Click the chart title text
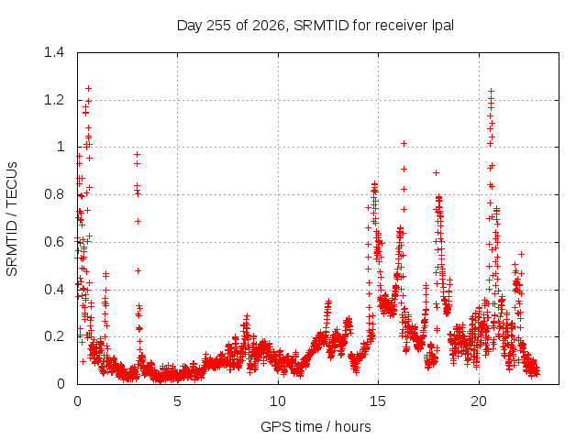(x=316, y=26)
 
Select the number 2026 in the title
(x=269, y=26)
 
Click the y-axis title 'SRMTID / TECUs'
(x=12, y=219)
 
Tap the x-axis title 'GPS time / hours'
(x=316, y=426)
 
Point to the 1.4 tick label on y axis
(x=54, y=52)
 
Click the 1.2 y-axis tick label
(x=54, y=100)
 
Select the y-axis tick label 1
(x=61, y=147)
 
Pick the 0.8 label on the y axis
(x=54, y=194)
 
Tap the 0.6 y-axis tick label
(x=54, y=242)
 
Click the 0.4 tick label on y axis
(x=54, y=290)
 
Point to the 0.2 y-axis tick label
(x=54, y=336)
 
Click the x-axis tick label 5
(x=177, y=401)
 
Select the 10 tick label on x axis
(x=278, y=401)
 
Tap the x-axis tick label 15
(x=378, y=401)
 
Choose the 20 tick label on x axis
(x=479, y=401)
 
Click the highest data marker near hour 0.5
(x=88, y=89)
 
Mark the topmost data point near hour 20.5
(x=492, y=92)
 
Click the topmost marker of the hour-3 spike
(x=137, y=155)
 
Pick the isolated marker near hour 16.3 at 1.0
(x=404, y=144)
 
